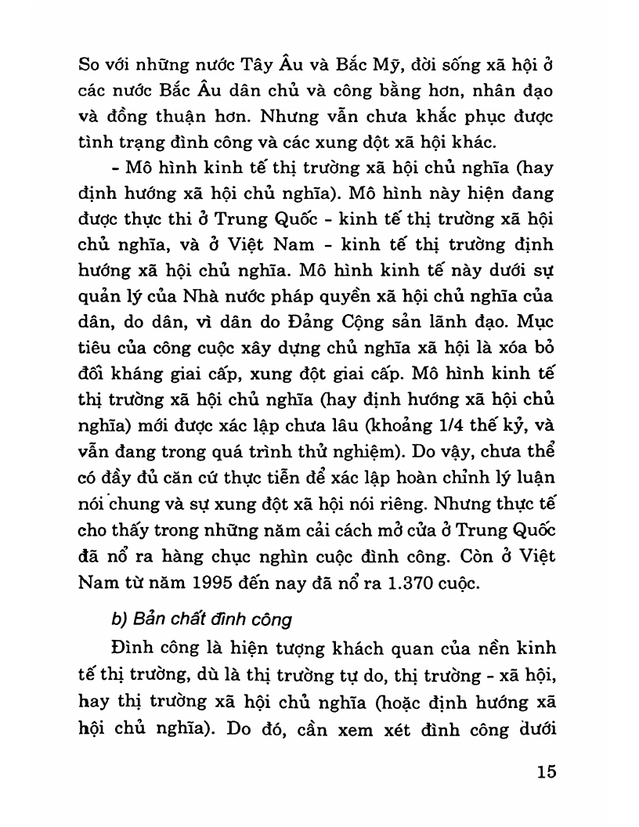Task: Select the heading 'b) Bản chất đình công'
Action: (x=201, y=619)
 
